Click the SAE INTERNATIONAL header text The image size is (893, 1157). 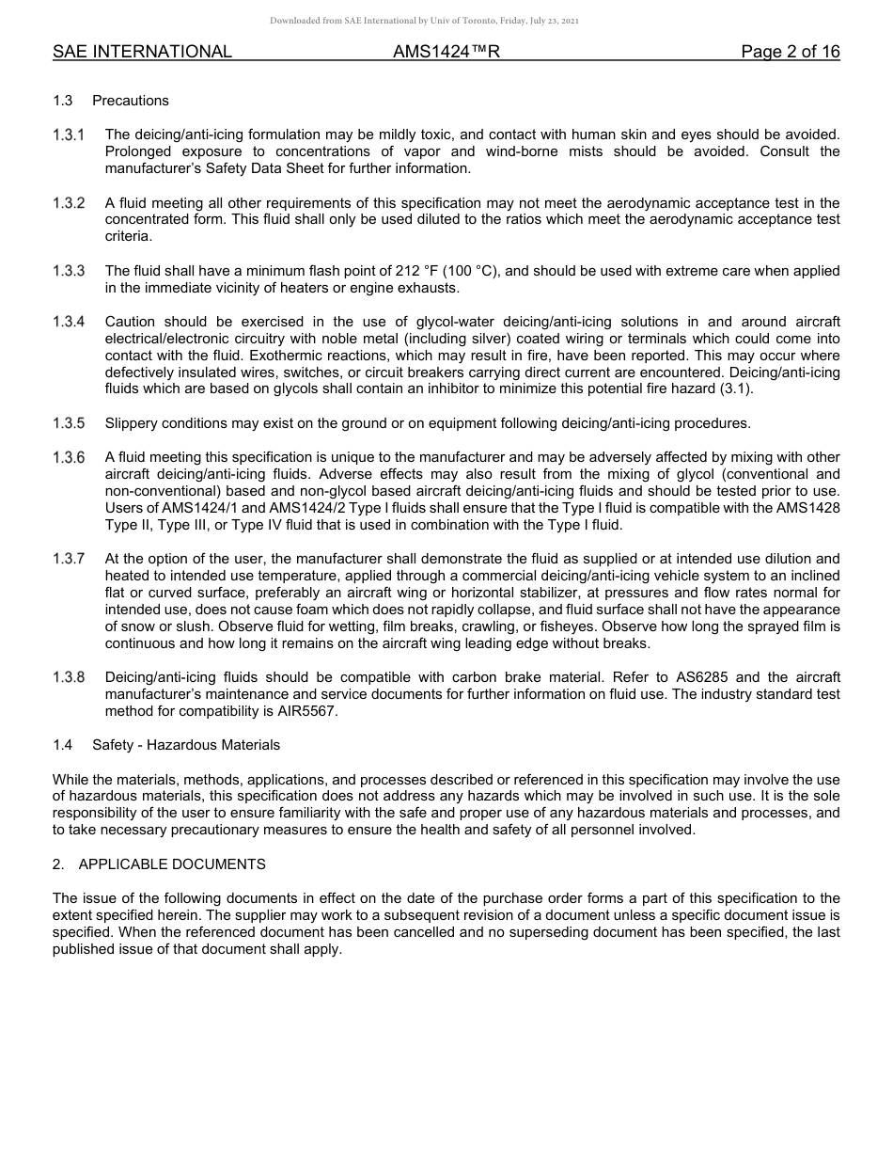click(142, 53)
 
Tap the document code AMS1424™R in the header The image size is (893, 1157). click(446, 53)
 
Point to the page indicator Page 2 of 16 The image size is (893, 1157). click(790, 53)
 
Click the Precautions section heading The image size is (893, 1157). click(131, 101)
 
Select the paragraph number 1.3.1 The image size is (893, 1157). click(69, 135)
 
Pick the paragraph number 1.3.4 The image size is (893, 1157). click(69, 322)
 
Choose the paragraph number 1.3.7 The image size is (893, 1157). click(69, 559)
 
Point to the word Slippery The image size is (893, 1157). click(133, 423)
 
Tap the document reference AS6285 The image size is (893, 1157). click(701, 677)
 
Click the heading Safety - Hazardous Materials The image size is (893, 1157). click(186, 745)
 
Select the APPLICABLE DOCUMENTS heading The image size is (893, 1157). click(172, 864)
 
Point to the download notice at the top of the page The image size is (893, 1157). click(424, 20)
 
